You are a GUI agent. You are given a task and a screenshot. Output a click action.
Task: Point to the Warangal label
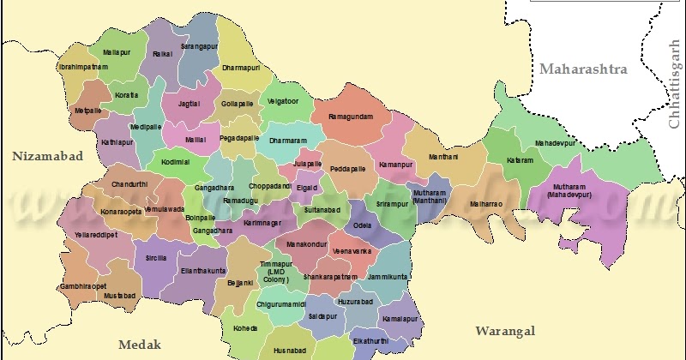click(506, 331)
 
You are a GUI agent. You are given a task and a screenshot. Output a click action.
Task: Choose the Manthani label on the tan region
click(443, 157)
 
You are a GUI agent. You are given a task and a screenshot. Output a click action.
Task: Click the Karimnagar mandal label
click(263, 223)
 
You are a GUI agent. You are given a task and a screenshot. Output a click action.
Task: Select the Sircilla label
click(156, 256)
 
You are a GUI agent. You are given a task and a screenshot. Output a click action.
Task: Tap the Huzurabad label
click(355, 303)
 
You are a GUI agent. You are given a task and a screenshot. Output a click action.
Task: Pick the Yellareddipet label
click(95, 233)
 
